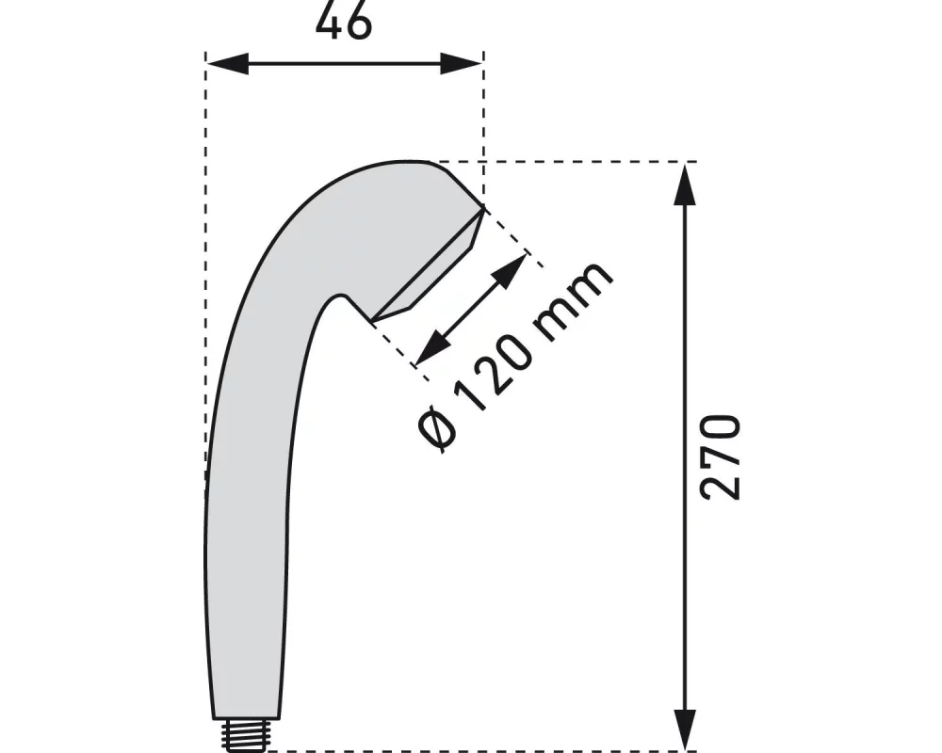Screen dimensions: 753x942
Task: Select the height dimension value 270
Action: pos(722,457)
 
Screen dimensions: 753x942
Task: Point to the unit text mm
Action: pos(577,294)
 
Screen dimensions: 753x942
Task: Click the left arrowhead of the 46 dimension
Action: pos(226,64)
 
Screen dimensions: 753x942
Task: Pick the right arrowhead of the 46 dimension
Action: pos(463,64)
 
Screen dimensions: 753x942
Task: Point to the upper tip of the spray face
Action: pos(482,207)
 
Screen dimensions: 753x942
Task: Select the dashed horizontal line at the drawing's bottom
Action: pos(471,751)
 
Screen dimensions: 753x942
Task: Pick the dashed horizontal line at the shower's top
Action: pos(565,162)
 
